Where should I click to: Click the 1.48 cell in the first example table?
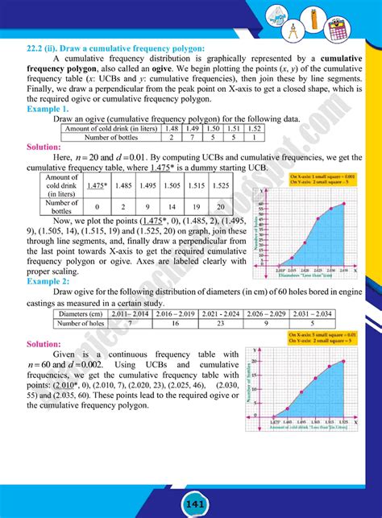(171, 128)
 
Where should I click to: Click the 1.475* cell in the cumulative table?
(98, 185)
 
